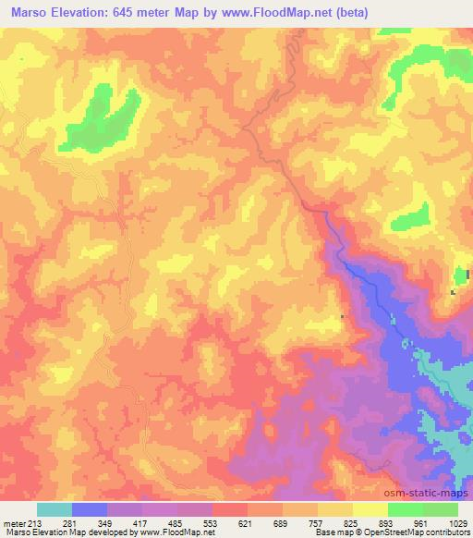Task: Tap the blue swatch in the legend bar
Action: [90, 509]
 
